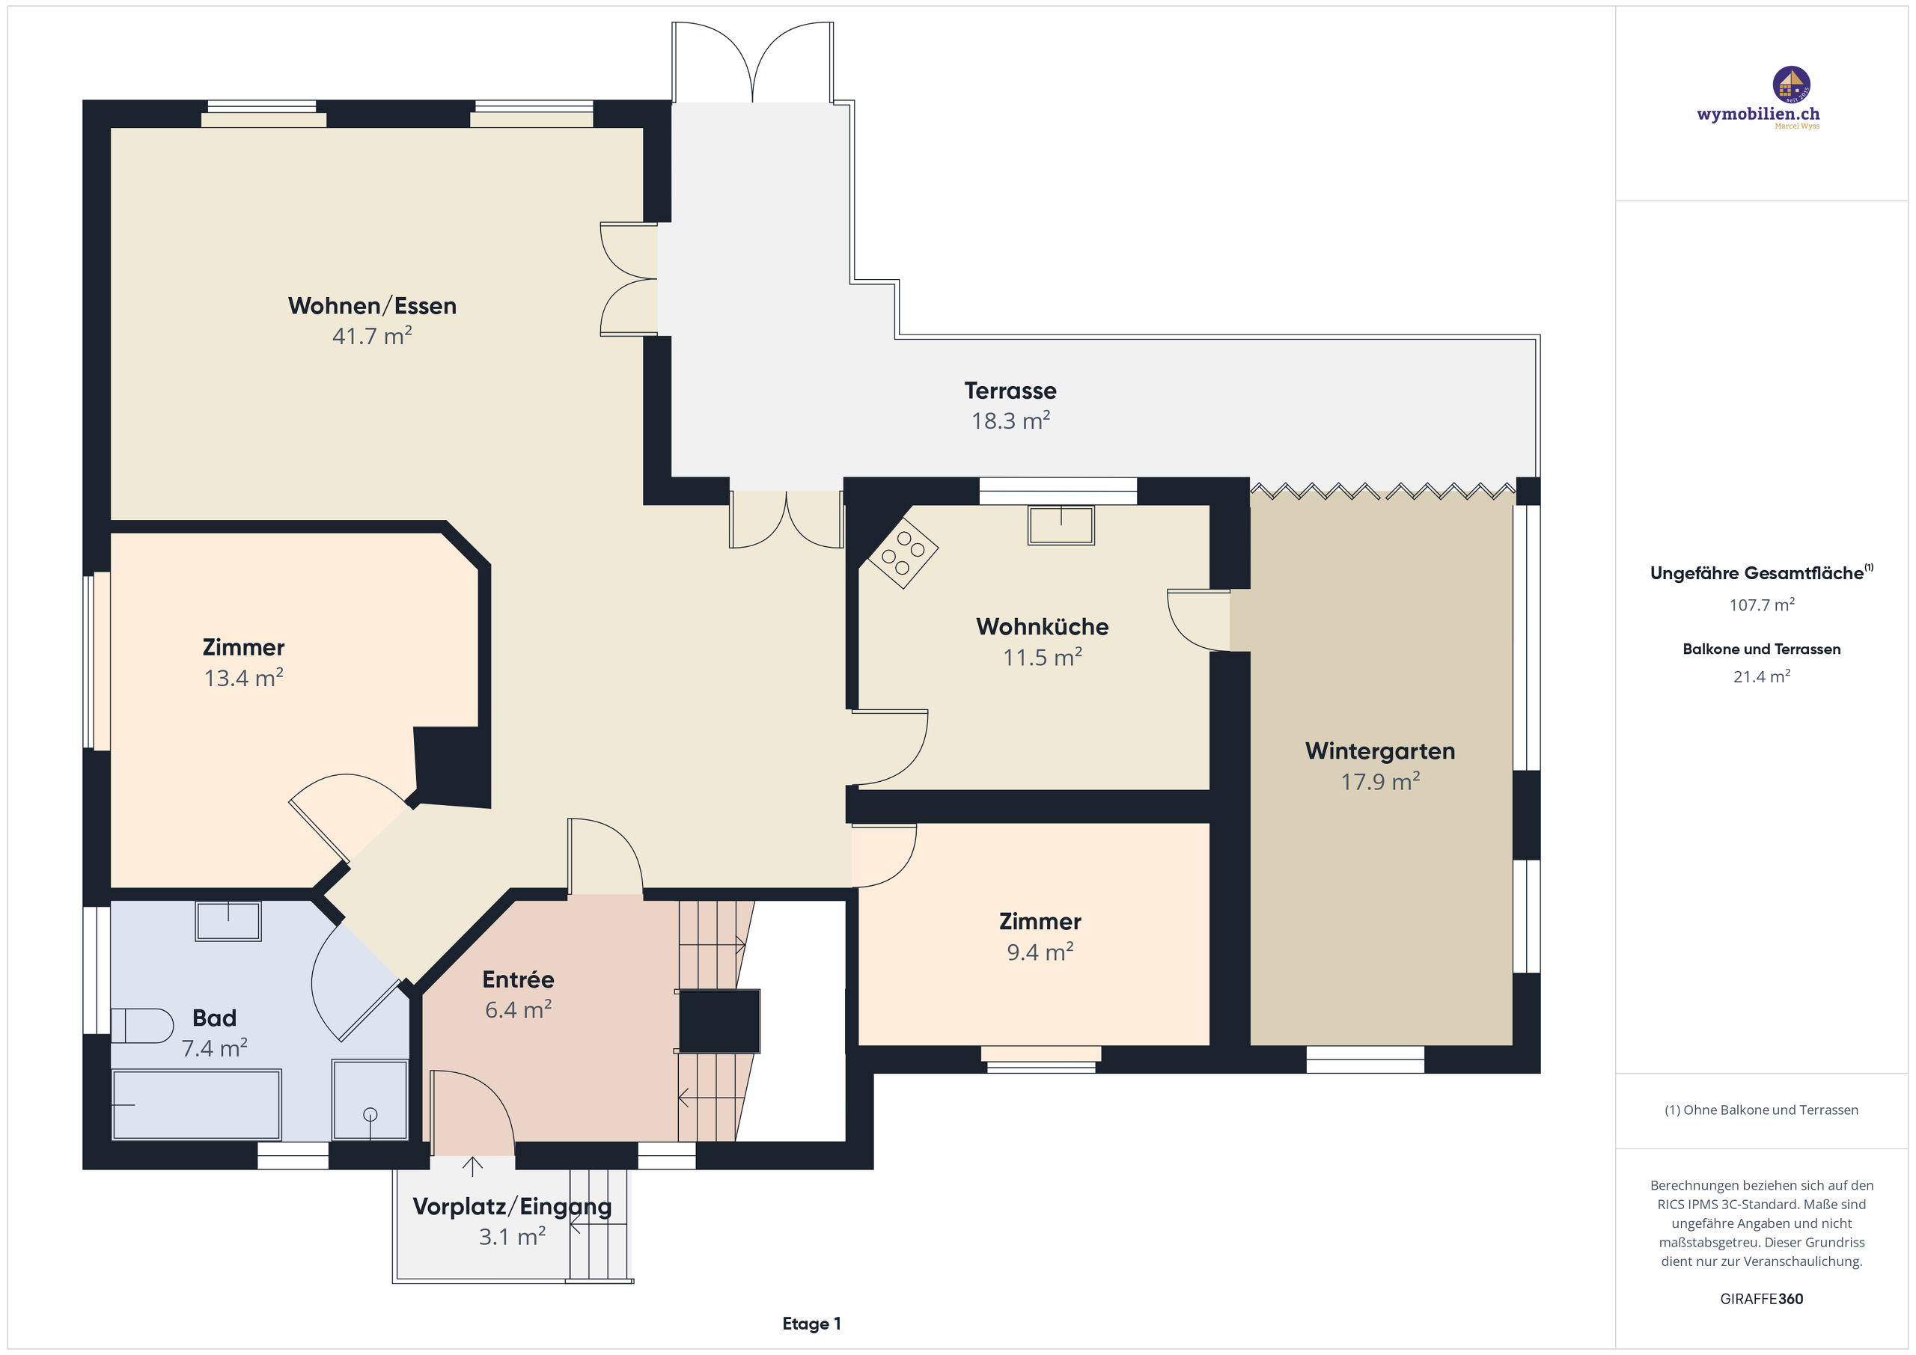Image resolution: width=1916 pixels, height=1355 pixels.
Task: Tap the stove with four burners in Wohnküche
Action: (x=903, y=552)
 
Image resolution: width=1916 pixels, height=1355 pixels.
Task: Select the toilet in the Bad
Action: (x=139, y=1026)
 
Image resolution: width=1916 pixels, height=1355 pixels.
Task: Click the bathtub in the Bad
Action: (x=196, y=1104)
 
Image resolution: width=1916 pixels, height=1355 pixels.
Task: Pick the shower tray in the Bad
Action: (x=370, y=1099)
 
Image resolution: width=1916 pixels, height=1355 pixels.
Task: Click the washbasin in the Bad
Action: (x=228, y=921)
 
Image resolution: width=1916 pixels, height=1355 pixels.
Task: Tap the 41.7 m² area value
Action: (x=372, y=336)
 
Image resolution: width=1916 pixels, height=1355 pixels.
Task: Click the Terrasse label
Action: (x=1010, y=391)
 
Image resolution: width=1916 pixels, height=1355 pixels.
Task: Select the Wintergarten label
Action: (x=1379, y=751)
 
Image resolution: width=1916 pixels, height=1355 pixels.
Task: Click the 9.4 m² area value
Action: (x=1040, y=952)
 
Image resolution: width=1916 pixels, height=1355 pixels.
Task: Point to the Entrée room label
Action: (x=518, y=979)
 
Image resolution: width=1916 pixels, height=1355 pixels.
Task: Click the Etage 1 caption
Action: (x=811, y=1324)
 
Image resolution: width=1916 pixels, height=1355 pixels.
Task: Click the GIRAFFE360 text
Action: (x=1761, y=1298)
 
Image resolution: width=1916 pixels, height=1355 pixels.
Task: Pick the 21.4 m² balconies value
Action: (x=1761, y=676)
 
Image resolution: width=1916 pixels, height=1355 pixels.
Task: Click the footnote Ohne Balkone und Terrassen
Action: (x=1761, y=1110)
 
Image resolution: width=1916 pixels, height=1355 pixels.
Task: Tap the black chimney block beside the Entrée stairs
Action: (x=718, y=1021)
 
